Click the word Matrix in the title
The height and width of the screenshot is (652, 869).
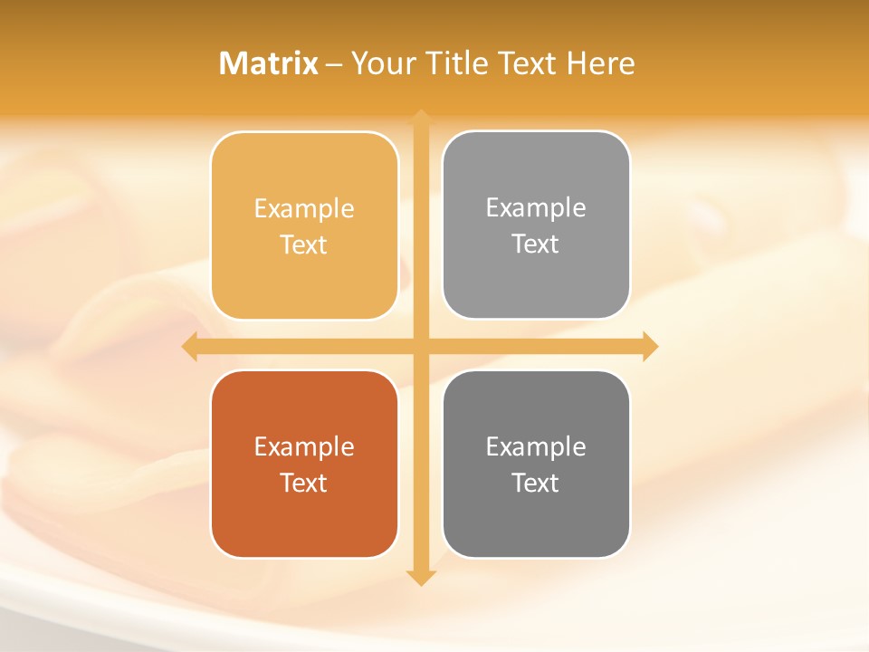pyautogui.click(x=269, y=63)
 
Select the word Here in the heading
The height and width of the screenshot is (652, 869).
pyautogui.click(x=600, y=63)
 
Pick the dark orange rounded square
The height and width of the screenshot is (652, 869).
pyautogui.click(x=304, y=516)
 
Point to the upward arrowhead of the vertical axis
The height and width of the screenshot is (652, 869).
pyautogui.click(x=421, y=117)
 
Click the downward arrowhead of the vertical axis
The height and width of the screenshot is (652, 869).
pyautogui.click(x=421, y=578)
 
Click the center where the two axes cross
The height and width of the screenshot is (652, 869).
pyautogui.click(x=421, y=347)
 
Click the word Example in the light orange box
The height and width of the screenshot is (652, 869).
pyautogui.click(x=304, y=208)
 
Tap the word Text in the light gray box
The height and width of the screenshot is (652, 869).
pyautogui.click(x=536, y=244)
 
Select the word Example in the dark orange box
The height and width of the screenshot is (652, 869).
pyautogui.click(x=304, y=446)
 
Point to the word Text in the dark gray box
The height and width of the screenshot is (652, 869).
pyautogui.click(x=536, y=483)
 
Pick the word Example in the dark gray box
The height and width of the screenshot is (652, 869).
pyautogui.click(x=536, y=446)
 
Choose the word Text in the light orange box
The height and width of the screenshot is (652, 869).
pyautogui.click(x=304, y=244)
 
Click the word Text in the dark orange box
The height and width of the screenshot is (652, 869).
pyautogui.click(x=304, y=483)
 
